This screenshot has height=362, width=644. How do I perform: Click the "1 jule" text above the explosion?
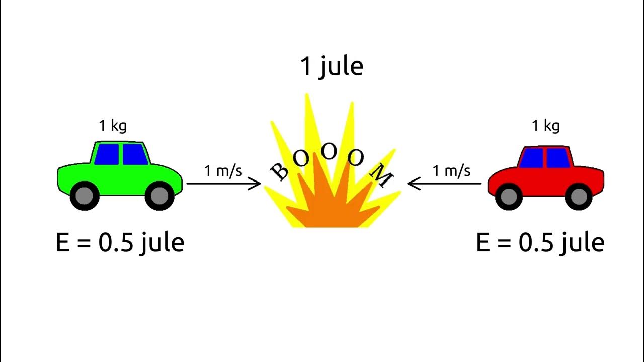click(332, 67)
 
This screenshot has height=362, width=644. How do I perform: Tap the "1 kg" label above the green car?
click(113, 125)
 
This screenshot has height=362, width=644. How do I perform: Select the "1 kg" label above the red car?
click(546, 125)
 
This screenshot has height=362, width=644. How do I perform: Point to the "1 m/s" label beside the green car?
click(223, 171)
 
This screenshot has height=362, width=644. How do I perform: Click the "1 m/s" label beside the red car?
click(452, 171)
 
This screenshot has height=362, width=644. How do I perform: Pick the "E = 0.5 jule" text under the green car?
click(120, 243)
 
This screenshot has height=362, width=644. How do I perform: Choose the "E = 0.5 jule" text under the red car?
click(540, 243)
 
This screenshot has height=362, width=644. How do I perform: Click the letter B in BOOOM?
click(280, 171)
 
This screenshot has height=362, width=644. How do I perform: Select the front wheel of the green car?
click(159, 196)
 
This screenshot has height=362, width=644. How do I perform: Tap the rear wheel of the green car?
click(85, 196)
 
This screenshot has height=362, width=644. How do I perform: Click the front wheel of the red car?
click(509, 196)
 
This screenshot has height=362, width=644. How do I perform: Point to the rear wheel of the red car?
click(579, 196)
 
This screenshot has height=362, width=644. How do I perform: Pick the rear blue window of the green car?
click(107, 154)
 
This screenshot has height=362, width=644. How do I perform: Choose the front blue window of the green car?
click(134, 154)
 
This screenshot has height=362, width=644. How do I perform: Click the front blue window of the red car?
click(532, 158)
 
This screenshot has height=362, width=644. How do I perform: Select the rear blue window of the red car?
click(557, 158)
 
